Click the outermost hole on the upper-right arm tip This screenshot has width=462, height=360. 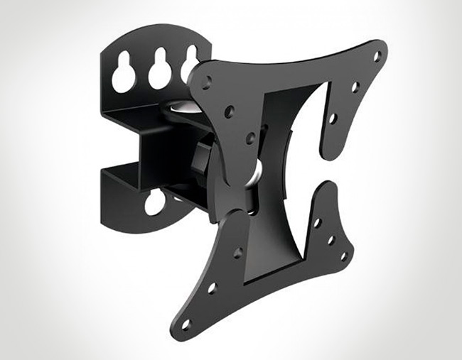(377, 55)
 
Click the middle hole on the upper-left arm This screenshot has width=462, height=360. (229, 111)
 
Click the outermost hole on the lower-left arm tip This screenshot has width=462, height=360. (186, 323)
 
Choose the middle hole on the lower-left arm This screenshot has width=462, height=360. (211, 288)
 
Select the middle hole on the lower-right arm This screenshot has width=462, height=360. (331, 240)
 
